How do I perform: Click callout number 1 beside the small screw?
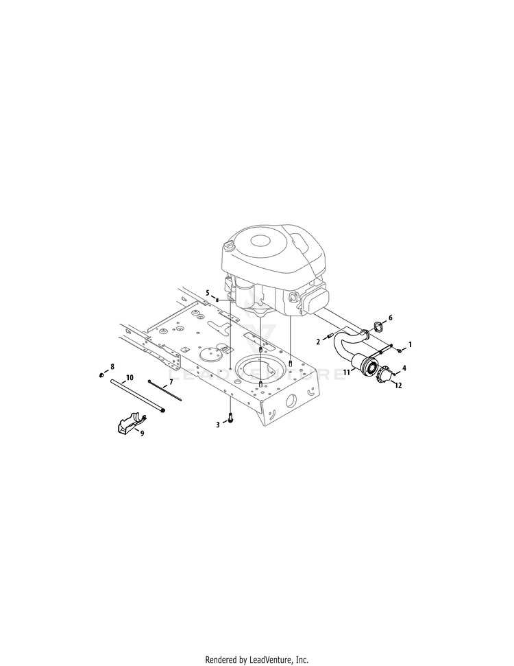tap(410, 344)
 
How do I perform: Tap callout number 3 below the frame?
tap(218, 425)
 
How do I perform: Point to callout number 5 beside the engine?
tap(208, 293)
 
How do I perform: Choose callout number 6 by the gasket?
tap(391, 318)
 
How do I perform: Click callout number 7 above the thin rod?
tap(171, 382)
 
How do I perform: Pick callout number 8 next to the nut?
tap(112, 366)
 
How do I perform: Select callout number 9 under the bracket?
tap(142, 433)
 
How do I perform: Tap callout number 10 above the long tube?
tap(130, 377)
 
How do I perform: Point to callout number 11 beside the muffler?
tap(346, 372)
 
